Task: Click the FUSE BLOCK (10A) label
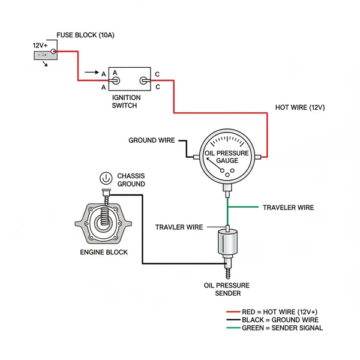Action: [85, 35]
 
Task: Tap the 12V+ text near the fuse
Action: [41, 45]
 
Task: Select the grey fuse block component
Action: [44, 56]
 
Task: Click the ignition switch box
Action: [130, 79]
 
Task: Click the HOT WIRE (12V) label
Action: [299, 107]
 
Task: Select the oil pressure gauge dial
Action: [227, 157]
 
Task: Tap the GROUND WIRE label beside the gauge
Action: [151, 140]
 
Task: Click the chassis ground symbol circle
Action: [105, 178]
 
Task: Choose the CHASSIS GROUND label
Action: [131, 179]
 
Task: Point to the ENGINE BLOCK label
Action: [104, 252]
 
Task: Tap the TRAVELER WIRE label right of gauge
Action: [288, 208]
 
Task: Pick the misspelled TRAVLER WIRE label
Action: [179, 227]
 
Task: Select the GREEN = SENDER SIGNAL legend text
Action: [282, 328]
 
